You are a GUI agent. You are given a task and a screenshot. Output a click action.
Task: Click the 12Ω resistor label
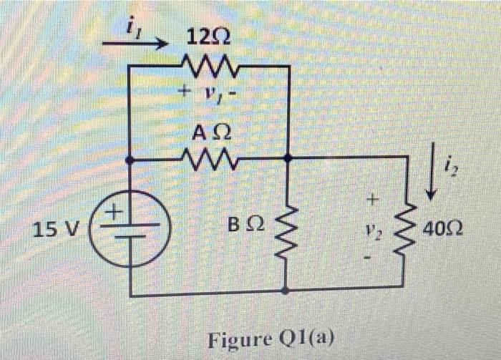(208, 36)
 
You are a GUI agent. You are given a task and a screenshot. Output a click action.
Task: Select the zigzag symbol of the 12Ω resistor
(208, 66)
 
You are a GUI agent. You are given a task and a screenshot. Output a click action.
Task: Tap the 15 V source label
(57, 230)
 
